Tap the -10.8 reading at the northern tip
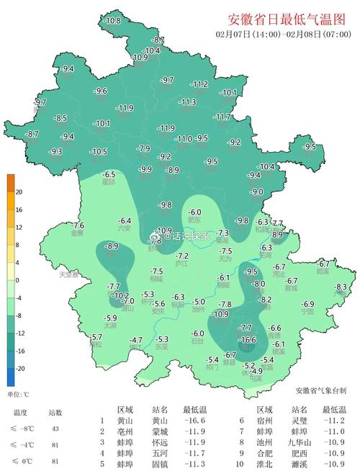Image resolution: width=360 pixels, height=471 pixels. pos(112,22)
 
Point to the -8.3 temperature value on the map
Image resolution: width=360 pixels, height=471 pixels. pos(341,287)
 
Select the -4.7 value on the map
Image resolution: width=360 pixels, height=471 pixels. pos(135,340)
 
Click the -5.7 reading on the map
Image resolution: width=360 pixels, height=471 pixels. pos(96,336)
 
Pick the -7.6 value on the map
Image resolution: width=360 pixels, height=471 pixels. pos(77,225)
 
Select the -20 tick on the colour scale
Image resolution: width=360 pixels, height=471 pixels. pos(19,367)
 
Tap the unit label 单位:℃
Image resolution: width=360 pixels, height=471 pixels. pos(18,394)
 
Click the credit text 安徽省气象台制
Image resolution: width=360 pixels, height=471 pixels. pos(320,390)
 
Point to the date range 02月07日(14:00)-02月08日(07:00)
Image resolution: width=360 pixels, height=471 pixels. pos(278,34)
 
